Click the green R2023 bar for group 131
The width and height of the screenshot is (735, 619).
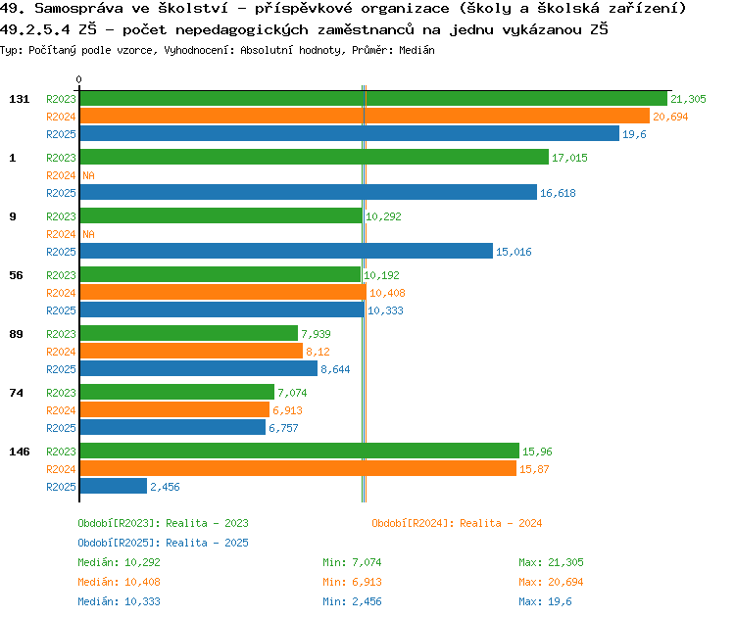point(372,99)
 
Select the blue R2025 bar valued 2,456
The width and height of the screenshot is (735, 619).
point(113,487)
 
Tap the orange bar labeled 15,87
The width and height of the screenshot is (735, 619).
point(297,469)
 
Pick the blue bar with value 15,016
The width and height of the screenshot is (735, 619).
point(285,252)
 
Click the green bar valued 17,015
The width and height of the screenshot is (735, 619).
point(314,158)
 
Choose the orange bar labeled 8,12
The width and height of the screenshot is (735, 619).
point(190,352)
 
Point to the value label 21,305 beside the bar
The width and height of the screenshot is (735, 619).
point(688,99)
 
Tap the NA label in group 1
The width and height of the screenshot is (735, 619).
point(88,175)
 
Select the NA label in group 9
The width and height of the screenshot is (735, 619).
point(88,234)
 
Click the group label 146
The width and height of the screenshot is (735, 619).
point(19,452)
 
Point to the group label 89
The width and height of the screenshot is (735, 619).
point(16,334)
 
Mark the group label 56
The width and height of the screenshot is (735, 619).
point(16,275)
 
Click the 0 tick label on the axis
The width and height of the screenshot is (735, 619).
point(79,79)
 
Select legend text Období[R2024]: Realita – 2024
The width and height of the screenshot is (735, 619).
point(457,523)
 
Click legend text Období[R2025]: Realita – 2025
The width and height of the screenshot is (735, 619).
point(163,543)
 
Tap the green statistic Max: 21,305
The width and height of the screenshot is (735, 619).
point(551,562)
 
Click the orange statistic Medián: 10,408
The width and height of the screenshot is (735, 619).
point(119,582)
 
